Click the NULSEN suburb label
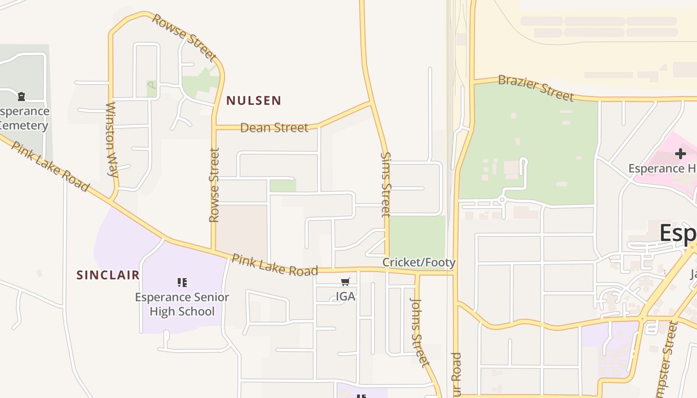tap(253, 100)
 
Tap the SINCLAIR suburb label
tap(108, 275)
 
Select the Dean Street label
tap(274, 128)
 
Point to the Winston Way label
tap(112, 140)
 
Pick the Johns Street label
tap(419, 332)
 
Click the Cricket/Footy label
tap(419, 262)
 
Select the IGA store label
tap(346, 297)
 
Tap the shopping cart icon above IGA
tap(346, 282)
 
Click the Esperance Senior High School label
tap(182, 304)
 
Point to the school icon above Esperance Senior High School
tap(182, 283)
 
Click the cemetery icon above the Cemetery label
tap(21, 96)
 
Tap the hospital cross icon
tap(680, 154)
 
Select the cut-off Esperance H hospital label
tap(662, 169)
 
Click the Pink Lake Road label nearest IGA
tap(274, 265)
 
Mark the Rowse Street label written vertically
tap(214, 185)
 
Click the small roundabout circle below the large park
tap(502, 200)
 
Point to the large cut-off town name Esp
tap(678, 233)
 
